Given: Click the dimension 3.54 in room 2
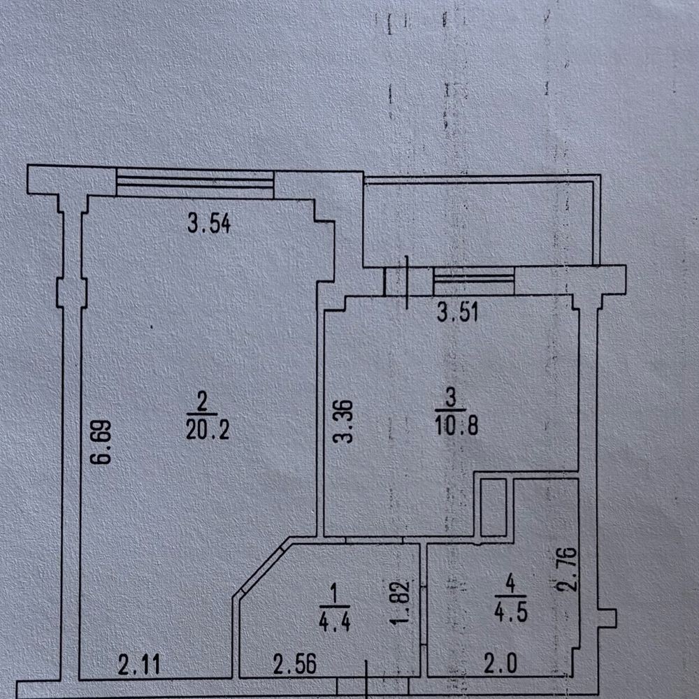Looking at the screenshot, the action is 208,224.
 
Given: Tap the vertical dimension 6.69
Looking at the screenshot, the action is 101,442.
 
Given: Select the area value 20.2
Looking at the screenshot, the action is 208,430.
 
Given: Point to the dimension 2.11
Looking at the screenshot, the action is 138,665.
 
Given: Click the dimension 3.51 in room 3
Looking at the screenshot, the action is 458,312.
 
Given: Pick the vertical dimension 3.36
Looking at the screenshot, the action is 344,421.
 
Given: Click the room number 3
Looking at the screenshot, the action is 451,398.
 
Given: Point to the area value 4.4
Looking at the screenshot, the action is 335,621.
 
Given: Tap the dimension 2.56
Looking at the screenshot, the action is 295,664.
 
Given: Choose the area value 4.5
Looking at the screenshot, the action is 511,612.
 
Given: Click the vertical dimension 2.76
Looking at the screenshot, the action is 568,569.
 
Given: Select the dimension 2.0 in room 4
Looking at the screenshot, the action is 500,664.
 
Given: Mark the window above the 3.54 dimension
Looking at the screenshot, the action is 195,182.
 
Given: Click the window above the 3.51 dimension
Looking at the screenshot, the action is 474,281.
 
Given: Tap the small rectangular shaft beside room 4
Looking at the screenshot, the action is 493,507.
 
